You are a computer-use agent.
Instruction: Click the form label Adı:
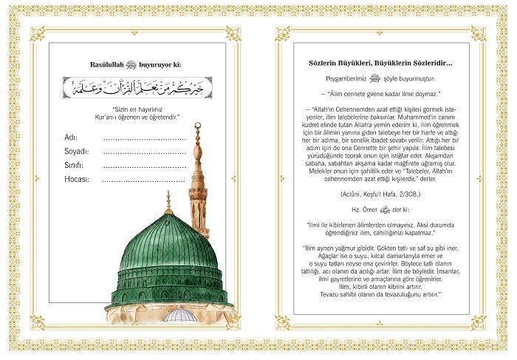point(71,137)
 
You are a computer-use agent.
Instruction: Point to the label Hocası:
point(77,179)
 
